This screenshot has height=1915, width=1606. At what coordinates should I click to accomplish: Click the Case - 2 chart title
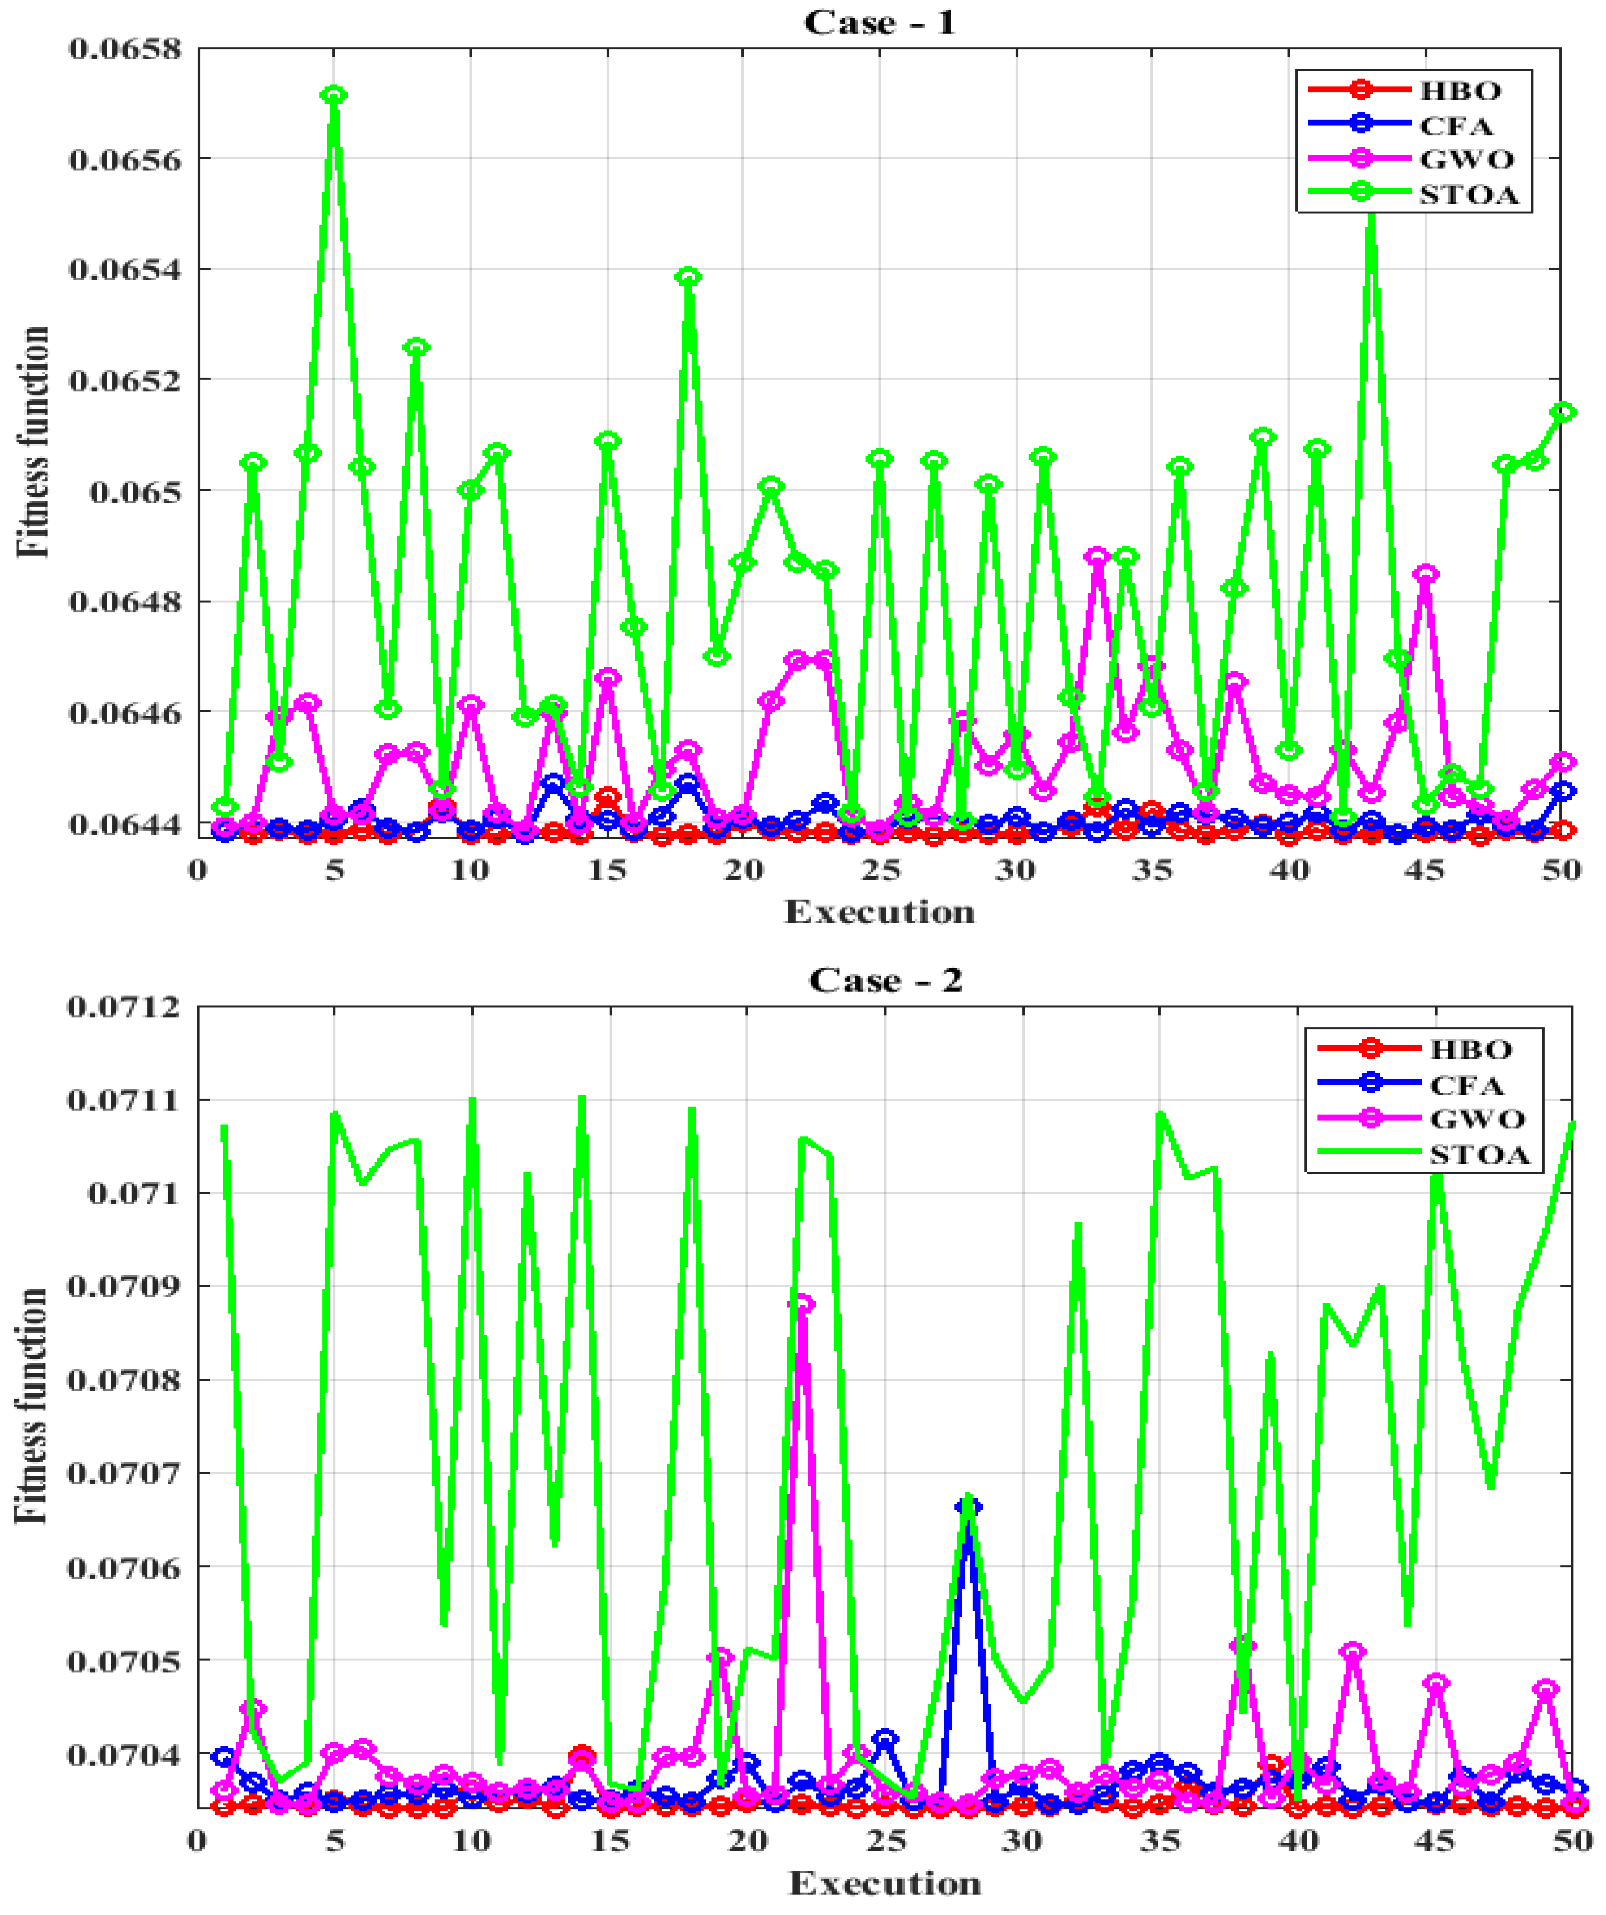click(x=885, y=980)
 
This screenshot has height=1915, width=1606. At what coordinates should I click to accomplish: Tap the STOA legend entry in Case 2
click(x=1478, y=1155)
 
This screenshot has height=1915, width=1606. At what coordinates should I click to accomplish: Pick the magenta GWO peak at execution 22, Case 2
click(x=802, y=1304)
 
